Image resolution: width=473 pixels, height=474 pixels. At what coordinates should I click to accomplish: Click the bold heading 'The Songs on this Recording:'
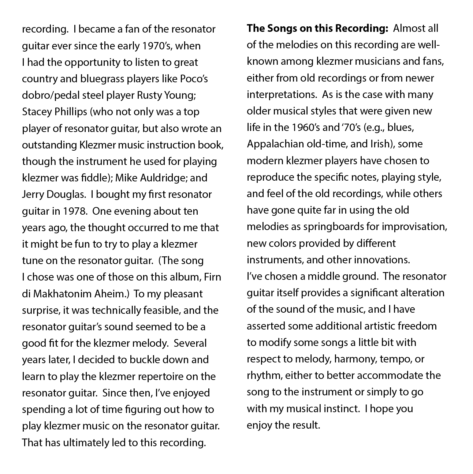[x=317, y=29]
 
